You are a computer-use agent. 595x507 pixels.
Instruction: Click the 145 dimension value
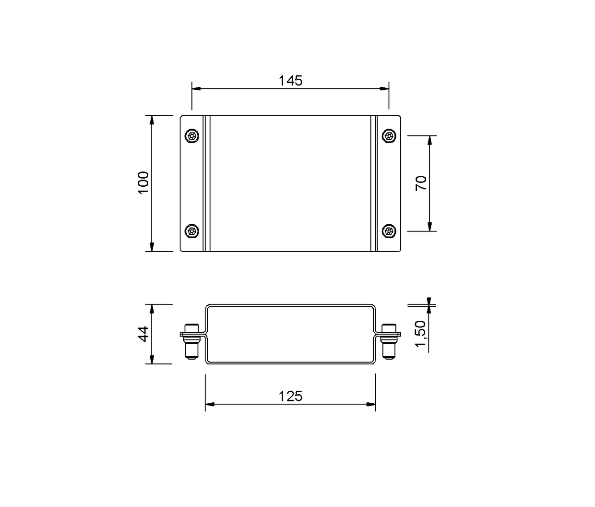click(x=290, y=81)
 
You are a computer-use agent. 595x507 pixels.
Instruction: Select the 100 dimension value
click(x=143, y=183)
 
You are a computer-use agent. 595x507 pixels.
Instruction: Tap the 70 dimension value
click(x=421, y=183)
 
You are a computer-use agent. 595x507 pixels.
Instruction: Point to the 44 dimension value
click(x=144, y=334)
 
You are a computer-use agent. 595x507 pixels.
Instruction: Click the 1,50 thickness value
click(x=421, y=334)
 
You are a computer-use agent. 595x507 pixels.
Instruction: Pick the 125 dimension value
click(x=290, y=397)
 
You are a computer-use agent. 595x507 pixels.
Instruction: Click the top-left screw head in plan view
click(x=192, y=136)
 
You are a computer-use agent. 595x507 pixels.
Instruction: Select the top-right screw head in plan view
click(x=389, y=136)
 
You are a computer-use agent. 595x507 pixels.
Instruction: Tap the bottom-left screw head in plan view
click(x=192, y=231)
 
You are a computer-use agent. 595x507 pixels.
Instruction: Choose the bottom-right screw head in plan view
click(x=389, y=231)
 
